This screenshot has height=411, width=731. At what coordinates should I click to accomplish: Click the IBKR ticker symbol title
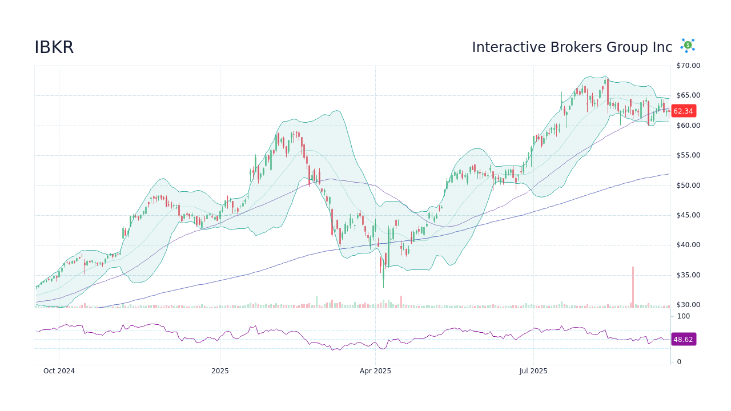click(x=54, y=47)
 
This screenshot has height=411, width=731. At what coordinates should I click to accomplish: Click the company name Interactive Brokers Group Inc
click(x=572, y=47)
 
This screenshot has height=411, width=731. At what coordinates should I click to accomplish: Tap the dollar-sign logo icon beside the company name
click(x=688, y=45)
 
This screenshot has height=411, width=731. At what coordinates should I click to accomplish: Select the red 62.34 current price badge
click(x=683, y=111)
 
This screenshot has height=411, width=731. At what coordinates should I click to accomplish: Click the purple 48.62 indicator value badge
click(x=683, y=339)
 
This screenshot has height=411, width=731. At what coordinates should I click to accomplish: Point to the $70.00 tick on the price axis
click(x=688, y=66)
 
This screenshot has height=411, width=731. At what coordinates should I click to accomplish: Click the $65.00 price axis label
click(x=688, y=95)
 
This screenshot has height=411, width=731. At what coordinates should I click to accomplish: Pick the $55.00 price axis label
click(x=688, y=155)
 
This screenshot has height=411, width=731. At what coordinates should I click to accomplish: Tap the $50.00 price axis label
click(x=688, y=186)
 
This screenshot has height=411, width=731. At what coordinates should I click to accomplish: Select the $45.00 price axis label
click(x=688, y=215)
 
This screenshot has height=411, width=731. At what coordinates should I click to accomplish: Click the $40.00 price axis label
click(x=688, y=245)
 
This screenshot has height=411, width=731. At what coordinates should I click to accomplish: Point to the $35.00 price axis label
click(x=688, y=275)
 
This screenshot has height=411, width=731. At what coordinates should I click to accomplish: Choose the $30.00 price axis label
click(x=688, y=305)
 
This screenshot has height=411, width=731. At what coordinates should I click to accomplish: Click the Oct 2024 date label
click(x=59, y=371)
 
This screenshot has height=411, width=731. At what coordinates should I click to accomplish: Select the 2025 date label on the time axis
click(x=220, y=371)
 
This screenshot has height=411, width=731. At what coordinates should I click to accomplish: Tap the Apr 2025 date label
click(x=375, y=371)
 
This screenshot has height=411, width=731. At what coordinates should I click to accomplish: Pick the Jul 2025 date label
click(x=533, y=371)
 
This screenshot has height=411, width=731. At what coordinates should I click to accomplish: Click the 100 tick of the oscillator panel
click(x=684, y=316)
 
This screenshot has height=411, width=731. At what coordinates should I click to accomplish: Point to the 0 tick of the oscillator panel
click(x=679, y=362)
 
